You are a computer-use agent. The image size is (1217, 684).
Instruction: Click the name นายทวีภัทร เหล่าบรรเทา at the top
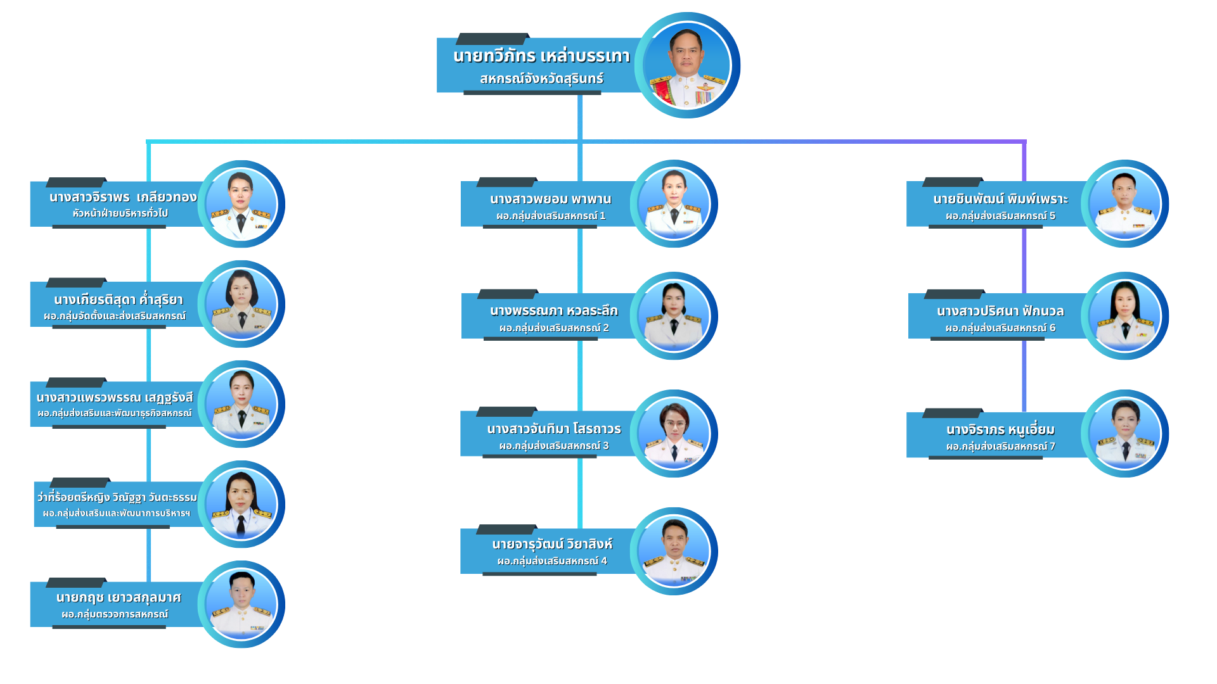(x=541, y=56)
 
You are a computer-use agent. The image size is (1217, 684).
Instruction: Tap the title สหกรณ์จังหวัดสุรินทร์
(x=541, y=79)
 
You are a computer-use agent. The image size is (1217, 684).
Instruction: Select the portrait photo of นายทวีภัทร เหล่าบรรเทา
(x=688, y=66)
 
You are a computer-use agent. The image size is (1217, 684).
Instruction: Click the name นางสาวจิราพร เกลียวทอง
(x=123, y=197)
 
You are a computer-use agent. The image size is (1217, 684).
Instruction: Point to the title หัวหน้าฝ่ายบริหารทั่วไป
(x=120, y=213)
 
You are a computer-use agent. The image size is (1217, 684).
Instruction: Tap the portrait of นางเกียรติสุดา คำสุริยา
(x=241, y=304)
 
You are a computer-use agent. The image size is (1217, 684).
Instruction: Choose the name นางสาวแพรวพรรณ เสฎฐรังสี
(x=115, y=398)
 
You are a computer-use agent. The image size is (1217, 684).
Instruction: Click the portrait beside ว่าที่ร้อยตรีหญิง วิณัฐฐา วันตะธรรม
(x=241, y=504)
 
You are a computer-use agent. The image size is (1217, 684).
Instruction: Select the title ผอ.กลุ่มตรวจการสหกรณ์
(x=115, y=614)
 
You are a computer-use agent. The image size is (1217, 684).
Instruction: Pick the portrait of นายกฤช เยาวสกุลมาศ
(x=241, y=604)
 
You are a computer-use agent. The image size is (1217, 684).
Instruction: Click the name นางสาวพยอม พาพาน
(x=550, y=199)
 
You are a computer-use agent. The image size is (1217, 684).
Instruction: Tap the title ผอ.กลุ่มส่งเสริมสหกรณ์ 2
(x=553, y=328)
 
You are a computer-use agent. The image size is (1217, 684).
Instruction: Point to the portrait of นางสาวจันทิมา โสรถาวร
(x=674, y=434)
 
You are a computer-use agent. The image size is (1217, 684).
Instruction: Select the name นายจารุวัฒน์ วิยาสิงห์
(x=552, y=544)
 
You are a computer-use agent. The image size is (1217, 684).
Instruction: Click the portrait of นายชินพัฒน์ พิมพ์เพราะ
(x=1125, y=204)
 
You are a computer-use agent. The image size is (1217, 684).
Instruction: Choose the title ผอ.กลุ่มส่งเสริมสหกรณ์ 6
(x=1000, y=328)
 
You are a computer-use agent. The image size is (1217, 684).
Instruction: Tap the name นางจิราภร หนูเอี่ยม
(x=1000, y=429)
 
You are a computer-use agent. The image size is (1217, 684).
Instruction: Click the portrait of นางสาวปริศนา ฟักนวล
(x=1125, y=316)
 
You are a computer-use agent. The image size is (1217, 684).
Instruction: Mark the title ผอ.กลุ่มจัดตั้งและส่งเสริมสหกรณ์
(x=115, y=316)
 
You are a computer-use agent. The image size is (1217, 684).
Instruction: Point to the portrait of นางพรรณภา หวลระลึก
(x=674, y=316)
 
